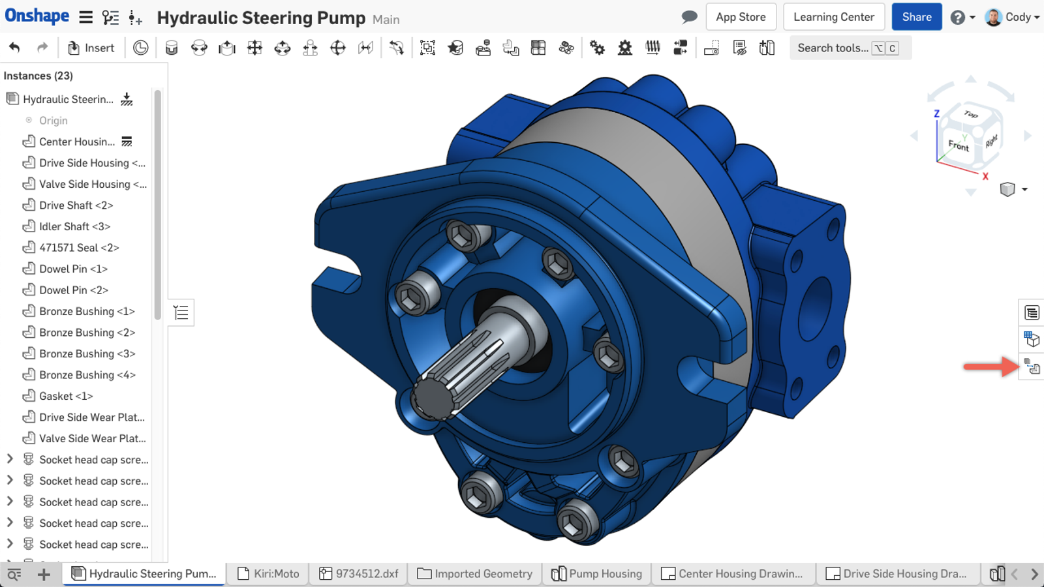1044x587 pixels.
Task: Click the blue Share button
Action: click(x=916, y=17)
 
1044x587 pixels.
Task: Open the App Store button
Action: click(x=741, y=17)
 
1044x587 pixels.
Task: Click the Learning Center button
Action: click(x=833, y=17)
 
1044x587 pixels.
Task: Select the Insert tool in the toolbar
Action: click(x=91, y=48)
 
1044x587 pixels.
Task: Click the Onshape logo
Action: click(x=37, y=16)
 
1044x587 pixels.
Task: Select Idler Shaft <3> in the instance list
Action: click(x=74, y=226)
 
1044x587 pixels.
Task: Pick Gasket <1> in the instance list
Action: click(x=66, y=396)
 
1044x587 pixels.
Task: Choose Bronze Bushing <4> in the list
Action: click(x=87, y=375)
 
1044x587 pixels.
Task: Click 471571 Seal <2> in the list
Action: click(x=79, y=248)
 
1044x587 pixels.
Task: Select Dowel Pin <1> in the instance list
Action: click(x=73, y=269)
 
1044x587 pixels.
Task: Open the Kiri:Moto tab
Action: click(x=269, y=573)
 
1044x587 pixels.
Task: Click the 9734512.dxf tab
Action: click(x=359, y=573)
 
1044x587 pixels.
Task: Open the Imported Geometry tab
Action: click(x=475, y=573)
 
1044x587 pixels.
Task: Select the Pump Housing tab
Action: click(x=597, y=573)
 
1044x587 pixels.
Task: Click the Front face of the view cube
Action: click(x=958, y=145)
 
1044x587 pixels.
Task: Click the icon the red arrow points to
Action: click(x=1032, y=367)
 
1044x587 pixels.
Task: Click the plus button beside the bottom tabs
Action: click(x=44, y=574)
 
